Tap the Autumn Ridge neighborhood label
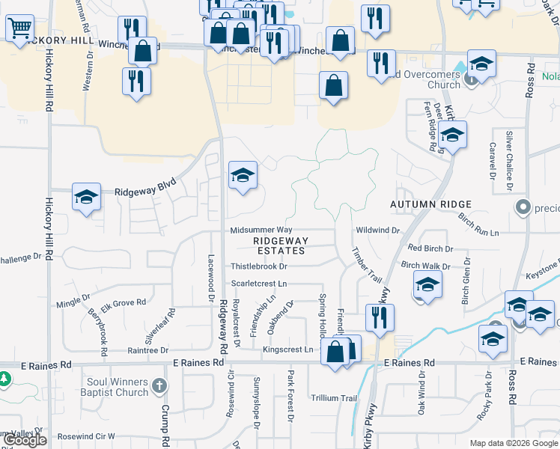(x=431, y=204)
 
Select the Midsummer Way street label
(x=261, y=230)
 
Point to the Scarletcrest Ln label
(x=259, y=284)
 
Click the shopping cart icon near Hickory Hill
(x=20, y=29)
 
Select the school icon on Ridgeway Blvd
(x=86, y=197)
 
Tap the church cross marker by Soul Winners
(x=158, y=386)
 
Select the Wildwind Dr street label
(x=379, y=230)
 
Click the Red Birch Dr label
(x=430, y=248)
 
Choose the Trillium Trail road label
(x=335, y=398)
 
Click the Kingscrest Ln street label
(x=287, y=349)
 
